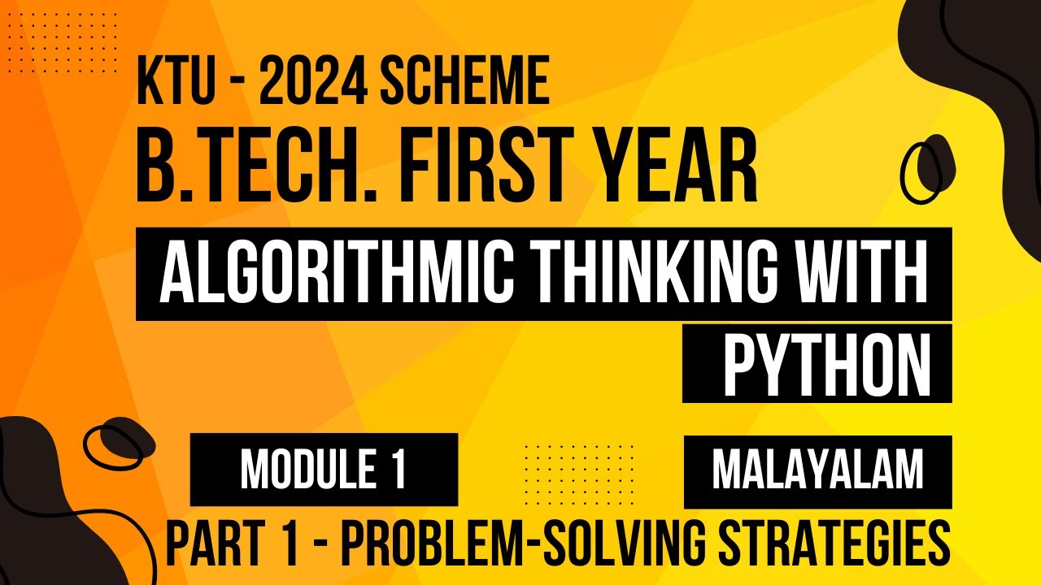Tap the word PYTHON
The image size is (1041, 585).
click(827, 363)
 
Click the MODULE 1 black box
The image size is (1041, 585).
click(324, 470)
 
